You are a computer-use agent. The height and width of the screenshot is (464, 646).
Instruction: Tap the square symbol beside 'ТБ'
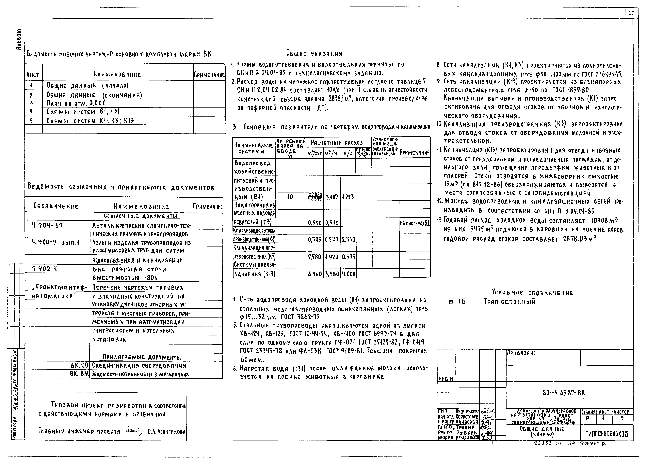[x=451, y=302]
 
